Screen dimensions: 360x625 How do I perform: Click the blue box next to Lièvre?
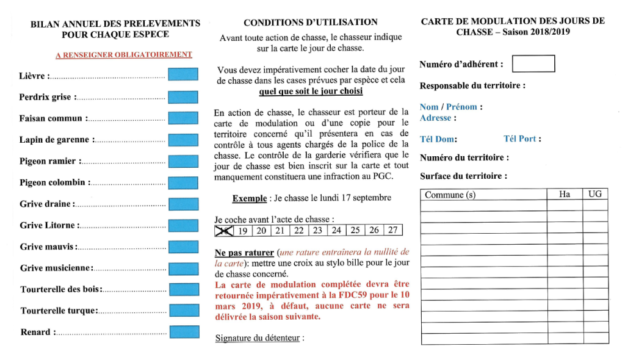[x=183, y=76]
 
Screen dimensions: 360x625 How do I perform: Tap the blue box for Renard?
[x=184, y=333]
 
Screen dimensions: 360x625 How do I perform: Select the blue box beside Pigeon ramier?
[x=183, y=161]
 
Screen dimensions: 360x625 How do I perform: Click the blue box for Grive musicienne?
[x=183, y=268]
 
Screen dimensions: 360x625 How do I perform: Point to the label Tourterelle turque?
[x=59, y=311]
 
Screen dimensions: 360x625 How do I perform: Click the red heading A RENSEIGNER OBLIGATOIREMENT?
[x=124, y=55]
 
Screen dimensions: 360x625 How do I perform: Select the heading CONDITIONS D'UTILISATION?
[x=310, y=23]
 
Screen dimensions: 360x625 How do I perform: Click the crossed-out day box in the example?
[x=224, y=231]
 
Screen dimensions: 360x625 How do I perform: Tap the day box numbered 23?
[x=317, y=231]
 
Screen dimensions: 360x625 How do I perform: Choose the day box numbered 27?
[x=393, y=231]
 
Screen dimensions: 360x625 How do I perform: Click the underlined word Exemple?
[x=249, y=198]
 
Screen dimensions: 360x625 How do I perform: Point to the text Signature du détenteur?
[x=259, y=338]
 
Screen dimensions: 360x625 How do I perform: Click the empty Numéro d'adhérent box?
[x=533, y=64]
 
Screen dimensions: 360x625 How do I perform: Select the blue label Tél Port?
[x=522, y=139]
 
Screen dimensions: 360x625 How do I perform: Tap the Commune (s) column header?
[x=450, y=195]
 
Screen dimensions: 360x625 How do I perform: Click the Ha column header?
[x=565, y=194]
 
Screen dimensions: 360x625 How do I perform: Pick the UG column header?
[x=595, y=194]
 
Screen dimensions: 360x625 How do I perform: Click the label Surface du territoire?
[x=463, y=176]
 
